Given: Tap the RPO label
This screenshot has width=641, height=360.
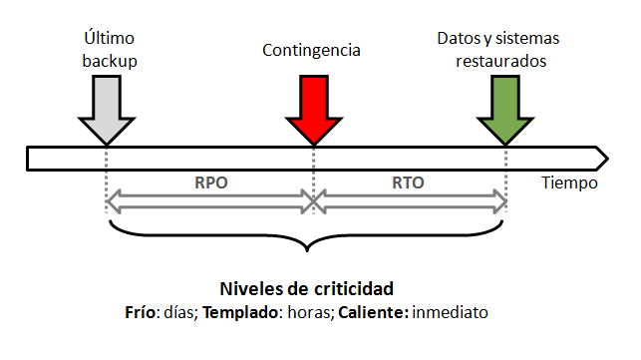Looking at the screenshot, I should (x=210, y=183).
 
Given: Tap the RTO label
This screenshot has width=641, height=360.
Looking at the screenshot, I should (x=409, y=183).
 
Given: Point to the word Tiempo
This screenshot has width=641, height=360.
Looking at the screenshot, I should (x=570, y=183).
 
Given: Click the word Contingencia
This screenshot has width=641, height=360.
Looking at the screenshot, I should (x=312, y=49).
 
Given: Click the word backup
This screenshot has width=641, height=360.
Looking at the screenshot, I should (x=109, y=60).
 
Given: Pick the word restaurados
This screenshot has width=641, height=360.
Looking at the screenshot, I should (x=498, y=60).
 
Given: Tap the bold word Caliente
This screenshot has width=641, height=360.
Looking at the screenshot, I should (x=372, y=311).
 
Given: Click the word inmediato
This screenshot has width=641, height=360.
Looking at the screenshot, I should (x=449, y=311).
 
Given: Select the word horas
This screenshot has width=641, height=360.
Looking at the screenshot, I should (x=305, y=311).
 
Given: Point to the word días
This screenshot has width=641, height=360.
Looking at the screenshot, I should (x=183, y=311).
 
